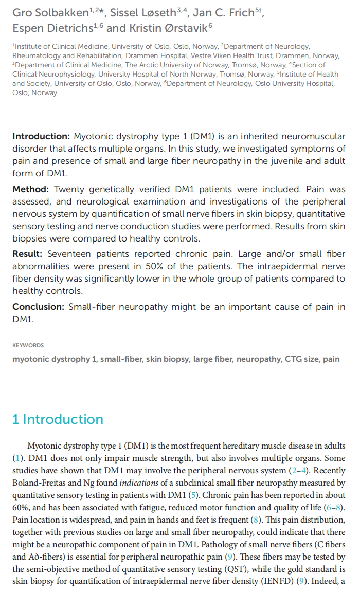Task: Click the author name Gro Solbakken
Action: [x=50, y=13]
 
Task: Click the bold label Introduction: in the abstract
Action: [x=41, y=136]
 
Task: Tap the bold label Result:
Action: [x=29, y=254]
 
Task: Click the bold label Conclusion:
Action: [x=39, y=307]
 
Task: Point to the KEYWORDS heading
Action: [x=28, y=345]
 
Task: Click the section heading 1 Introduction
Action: [x=58, y=419]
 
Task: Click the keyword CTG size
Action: [x=301, y=359]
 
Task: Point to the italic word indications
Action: [x=138, y=483]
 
